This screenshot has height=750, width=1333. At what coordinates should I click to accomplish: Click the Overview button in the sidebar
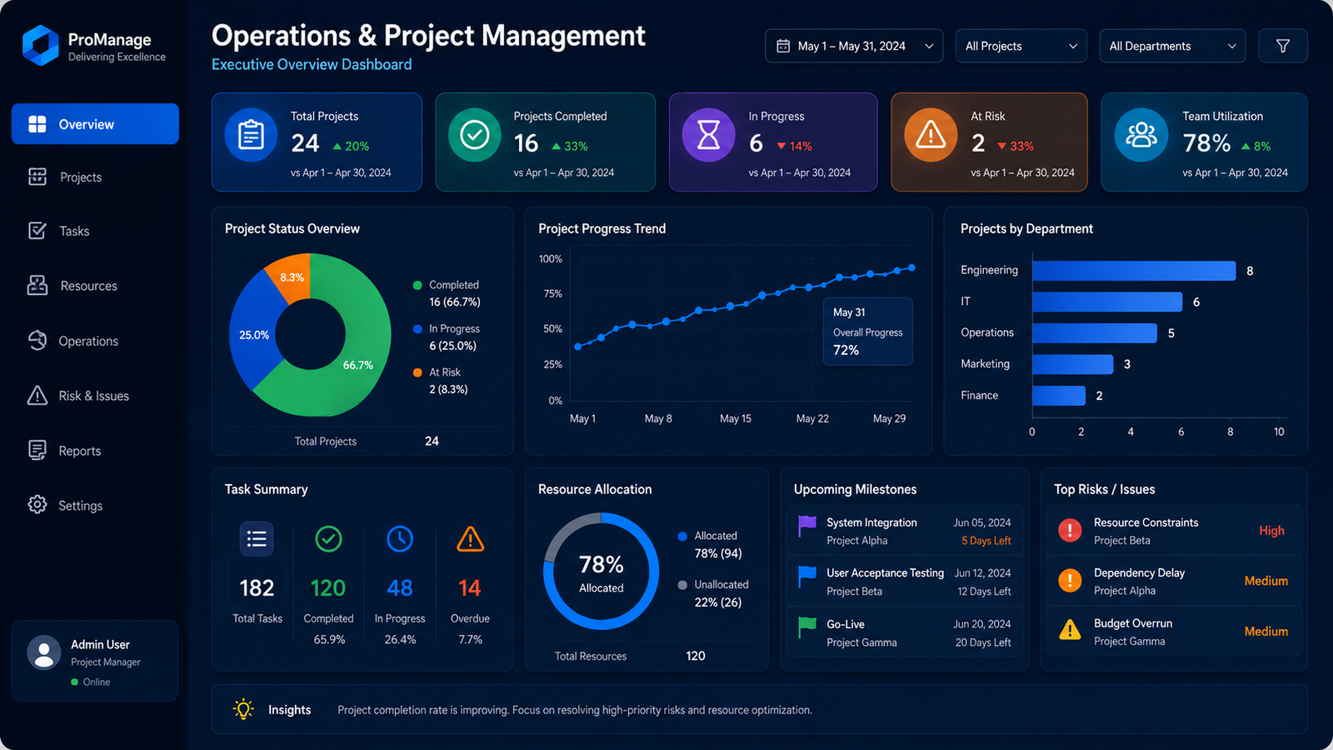[x=95, y=124]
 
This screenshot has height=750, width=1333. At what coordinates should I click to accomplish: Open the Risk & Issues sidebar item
[x=78, y=396]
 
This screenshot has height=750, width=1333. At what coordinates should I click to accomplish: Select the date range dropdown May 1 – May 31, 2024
[x=854, y=46]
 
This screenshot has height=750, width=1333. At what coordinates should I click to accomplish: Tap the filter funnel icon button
[x=1283, y=46]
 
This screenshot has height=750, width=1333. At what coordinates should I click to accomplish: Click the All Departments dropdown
[x=1172, y=46]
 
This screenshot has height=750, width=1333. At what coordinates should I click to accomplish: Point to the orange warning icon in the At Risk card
[x=931, y=135]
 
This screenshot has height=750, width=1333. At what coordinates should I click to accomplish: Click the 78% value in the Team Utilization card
[x=1206, y=143]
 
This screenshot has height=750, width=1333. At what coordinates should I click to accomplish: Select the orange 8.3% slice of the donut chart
[x=290, y=276]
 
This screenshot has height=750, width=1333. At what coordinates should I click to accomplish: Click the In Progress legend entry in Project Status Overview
[x=447, y=337]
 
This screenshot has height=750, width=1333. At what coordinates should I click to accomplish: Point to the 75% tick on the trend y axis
[x=552, y=293]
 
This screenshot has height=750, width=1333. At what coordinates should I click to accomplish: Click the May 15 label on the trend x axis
[x=736, y=418]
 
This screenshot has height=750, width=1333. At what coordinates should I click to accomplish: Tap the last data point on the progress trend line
[x=911, y=267]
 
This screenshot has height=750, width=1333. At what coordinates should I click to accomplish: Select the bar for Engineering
[x=1134, y=270]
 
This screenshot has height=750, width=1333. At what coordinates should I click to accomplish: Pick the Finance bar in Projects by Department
[x=1059, y=395]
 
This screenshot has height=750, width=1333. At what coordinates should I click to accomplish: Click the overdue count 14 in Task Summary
[x=470, y=588]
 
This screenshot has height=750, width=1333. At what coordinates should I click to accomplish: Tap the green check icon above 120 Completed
[x=328, y=539]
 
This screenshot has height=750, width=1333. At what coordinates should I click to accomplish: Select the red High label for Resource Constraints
[x=1271, y=530]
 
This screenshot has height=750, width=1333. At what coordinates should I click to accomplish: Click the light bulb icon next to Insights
[x=243, y=709]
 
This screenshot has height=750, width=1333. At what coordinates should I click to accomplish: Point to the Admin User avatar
[x=44, y=652]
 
